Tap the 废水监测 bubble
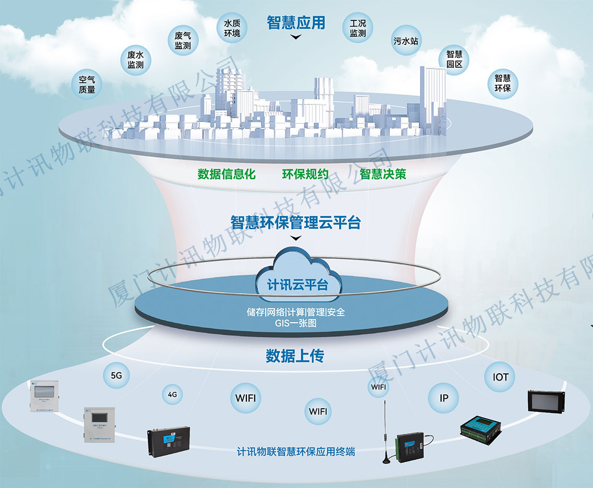[139, 60]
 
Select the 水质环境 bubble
[232, 28]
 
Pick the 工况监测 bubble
[358, 28]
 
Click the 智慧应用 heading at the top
[296, 22]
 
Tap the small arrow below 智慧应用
[296, 37]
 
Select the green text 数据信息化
[227, 174]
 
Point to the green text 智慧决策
[383, 174]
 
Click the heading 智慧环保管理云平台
[296, 222]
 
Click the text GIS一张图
[296, 323]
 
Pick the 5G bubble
[116, 375]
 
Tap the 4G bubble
[173, 395]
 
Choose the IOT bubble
[500, 377]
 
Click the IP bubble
[444, 398]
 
